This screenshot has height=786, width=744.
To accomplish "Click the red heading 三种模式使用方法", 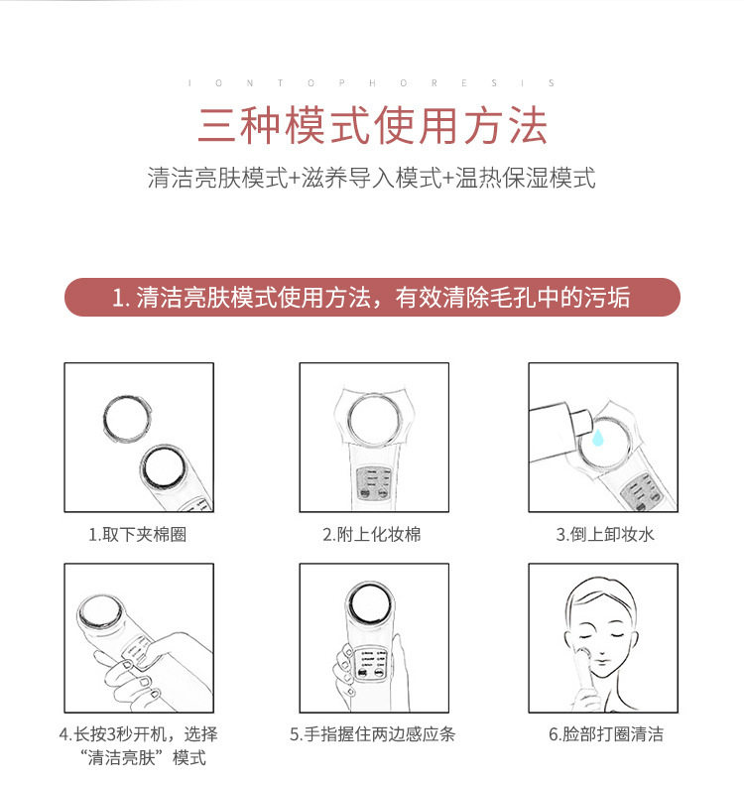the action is tap(372, 125).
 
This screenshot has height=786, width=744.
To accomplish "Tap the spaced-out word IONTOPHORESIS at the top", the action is tap(371, 83).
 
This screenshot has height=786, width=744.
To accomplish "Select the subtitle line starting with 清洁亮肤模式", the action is tap(371, 178).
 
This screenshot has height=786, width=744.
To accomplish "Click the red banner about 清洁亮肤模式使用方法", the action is tap(372, 298).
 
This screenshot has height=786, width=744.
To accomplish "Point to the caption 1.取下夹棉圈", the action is tap(137, 534).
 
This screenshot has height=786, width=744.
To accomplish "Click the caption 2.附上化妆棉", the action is tap(372, 534).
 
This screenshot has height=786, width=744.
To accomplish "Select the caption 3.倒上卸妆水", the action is tap(605, 534).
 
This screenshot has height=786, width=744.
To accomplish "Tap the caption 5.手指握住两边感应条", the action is tap(372, 734).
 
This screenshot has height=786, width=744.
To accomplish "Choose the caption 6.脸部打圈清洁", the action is tap(606, 734).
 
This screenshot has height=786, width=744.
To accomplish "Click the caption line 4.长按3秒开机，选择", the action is tap(138, 734).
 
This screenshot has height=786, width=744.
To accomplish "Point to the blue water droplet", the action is tap(597, 437).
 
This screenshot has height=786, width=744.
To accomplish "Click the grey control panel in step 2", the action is tap(374, 483).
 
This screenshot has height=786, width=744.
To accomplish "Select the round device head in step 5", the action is tap(371, 603).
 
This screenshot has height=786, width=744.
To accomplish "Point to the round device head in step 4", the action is tap(99, 611).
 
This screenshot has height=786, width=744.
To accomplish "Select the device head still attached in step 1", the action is tap(163, 468).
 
